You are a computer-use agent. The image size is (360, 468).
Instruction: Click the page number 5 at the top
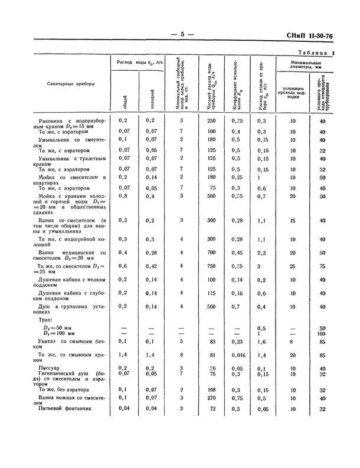[182, 35]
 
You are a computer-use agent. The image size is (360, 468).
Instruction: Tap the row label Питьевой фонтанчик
[63, 409]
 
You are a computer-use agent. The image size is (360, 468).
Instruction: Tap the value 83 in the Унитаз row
[212, 341]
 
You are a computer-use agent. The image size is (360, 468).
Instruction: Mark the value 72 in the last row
[212, 408]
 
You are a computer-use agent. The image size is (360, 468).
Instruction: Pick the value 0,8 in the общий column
[124, 195]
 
